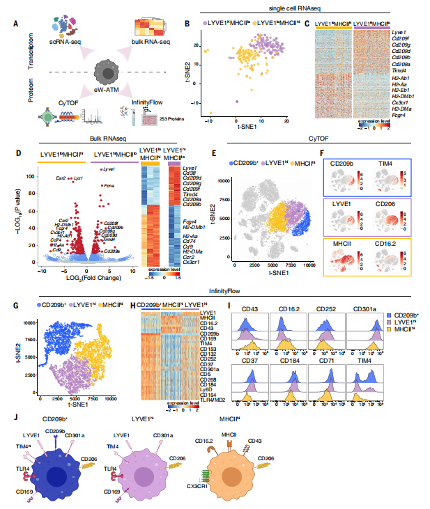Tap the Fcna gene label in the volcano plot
pos(108,186)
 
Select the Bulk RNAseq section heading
pos(108,139)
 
